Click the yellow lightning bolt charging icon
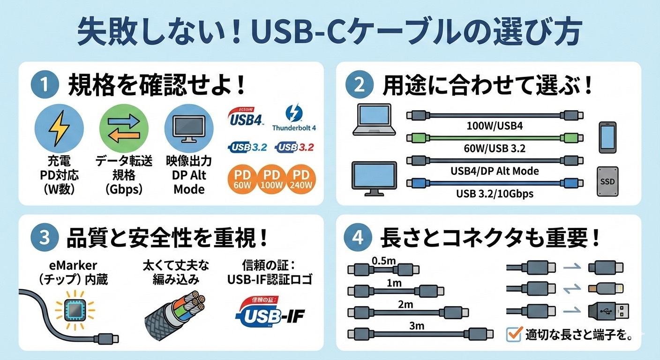coord(60,127)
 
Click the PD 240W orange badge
coord(301,180)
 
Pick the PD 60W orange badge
coord(243,180)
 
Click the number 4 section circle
coord(358,238)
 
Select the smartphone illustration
coord(607,137)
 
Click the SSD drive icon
coord(607,181)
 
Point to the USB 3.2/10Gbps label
coord(495,193)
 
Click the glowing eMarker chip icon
coord(75,310)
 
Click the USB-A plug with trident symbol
coord(608,310)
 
